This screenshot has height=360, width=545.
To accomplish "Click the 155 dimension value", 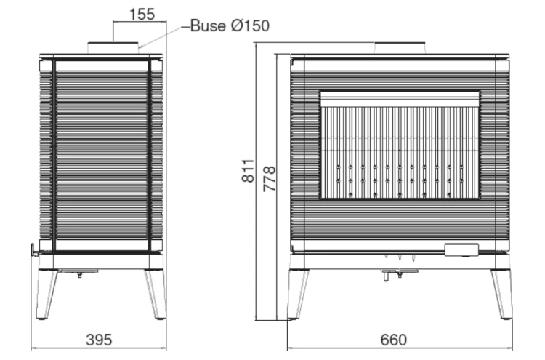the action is pos(142,15).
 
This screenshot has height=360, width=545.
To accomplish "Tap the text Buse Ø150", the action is pos(230,25).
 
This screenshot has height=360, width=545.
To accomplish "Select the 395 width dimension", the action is pos(99,340).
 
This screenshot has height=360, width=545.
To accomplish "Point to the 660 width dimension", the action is pos(393,340).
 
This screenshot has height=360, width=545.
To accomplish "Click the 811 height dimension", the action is pos(249,170).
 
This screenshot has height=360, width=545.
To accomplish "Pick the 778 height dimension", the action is pos(270,179).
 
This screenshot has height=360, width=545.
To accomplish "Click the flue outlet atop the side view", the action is pos(113,48).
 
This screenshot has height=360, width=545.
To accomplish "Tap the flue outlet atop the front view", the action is pos(400,48).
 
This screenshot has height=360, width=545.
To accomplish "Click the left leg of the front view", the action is pos(298,295).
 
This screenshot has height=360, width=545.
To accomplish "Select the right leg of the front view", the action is pos(502,295).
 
